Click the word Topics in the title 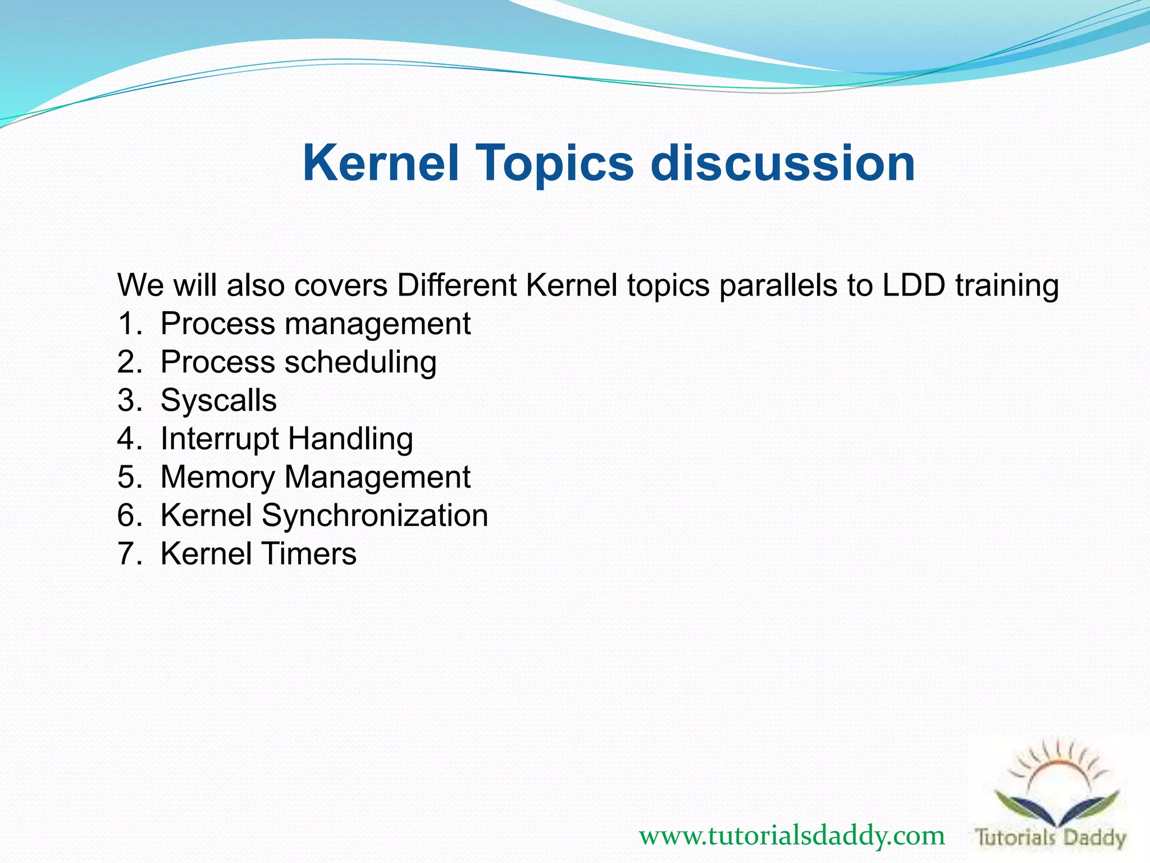click(555, 163)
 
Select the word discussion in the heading click(783, 163)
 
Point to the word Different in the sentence click(457, 285)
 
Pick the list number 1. click(128, 324)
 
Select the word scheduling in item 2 click(360, 362)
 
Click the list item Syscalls click(218, 401)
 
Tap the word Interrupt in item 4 click(220, 439)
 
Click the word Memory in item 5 click(217, 477)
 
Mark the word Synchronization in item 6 click(375, 515)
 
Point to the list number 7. click(128, 553)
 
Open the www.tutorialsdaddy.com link click(792, 835)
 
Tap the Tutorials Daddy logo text click(1051, 838)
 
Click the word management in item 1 click(377, 324)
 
